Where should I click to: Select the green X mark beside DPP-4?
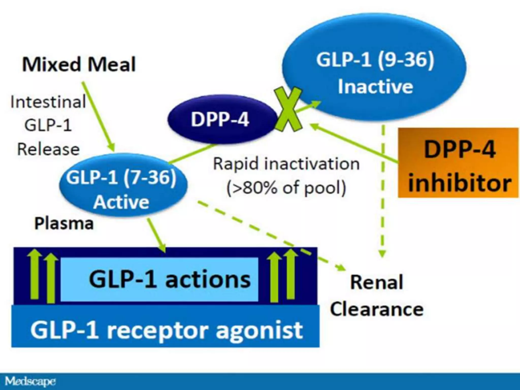288,109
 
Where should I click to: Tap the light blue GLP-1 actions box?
159,279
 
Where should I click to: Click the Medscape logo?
30,381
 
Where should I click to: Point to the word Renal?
376,282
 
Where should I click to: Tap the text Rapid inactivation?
286,164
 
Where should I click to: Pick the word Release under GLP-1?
48,150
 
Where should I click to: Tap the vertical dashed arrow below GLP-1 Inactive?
383,190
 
